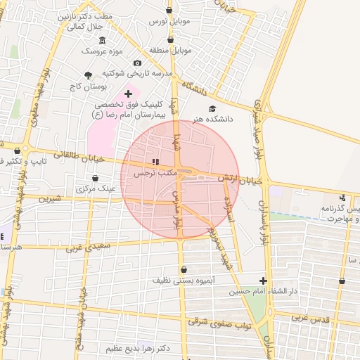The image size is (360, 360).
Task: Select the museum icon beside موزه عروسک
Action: (x=103, y=39)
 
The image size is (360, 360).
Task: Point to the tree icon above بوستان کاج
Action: (x=88, y=75)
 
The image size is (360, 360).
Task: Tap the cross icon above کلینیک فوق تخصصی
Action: (x=128, y=94)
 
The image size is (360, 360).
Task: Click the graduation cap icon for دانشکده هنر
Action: (x=212, y=108)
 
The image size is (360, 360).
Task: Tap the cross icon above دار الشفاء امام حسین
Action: (x=263, y=280)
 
